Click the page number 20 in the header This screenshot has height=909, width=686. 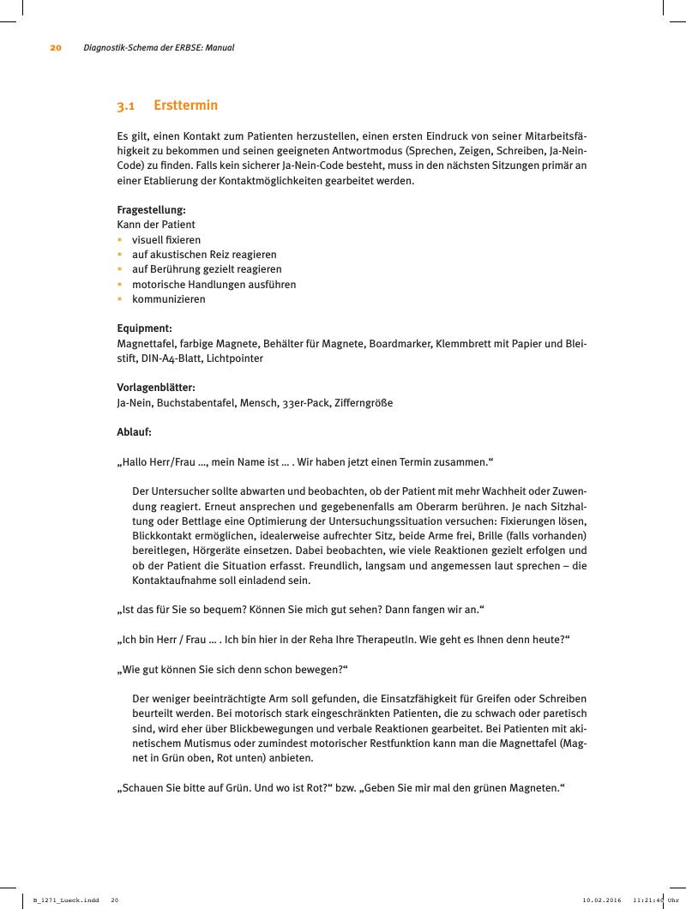click(56, 48)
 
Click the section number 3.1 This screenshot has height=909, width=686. click(126, 105)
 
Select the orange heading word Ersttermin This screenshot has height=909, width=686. click(185, 105)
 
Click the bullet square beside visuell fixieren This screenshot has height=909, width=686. click(120, 240)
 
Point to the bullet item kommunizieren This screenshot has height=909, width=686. click(169, 299)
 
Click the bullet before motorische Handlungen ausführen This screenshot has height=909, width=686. click(120, 284)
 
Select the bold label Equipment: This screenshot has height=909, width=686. click(145, 328)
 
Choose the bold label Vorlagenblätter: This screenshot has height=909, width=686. click(156, 388)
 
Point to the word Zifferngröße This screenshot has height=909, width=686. click(364, 402)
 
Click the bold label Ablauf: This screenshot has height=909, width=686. click(134, 432)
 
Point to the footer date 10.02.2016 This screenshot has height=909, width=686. click(602, 900)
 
